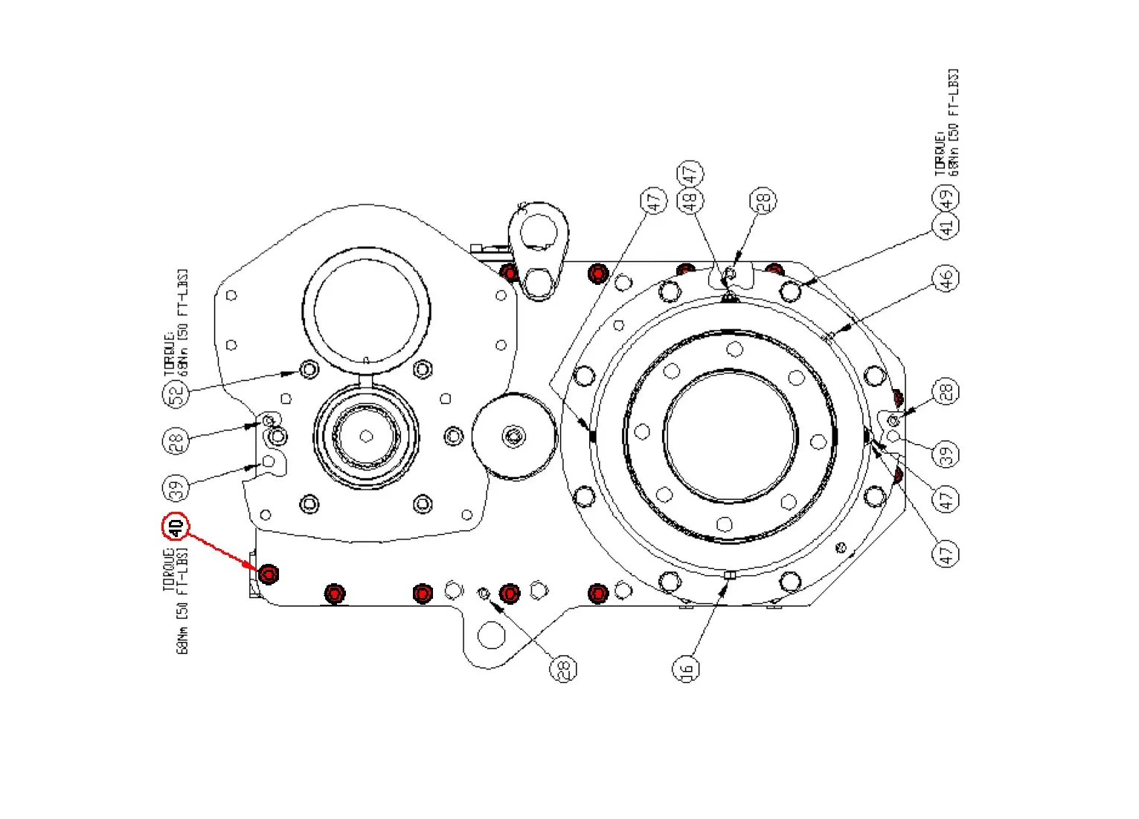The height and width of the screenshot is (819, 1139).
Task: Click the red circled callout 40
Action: pyautogui.click(x=176, y=527)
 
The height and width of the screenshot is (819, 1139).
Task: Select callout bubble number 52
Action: pyautogui.click(x=176, y=394)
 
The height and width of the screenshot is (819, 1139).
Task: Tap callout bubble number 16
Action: pyautogui.click(x=686, y=669)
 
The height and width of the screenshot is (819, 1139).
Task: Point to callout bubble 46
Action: pyautogui.click(x=946, y=279)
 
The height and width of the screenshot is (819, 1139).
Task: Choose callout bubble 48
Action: pyautogui.click(x=690, y=199)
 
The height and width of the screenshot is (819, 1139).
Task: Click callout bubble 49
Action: pyautogui.click(x=946, y=198)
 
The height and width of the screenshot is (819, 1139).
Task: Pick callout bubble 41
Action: pyautogui.click(x=946, y=225)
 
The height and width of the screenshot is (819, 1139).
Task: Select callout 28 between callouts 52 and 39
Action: pyautogui.click(x=176, y=441)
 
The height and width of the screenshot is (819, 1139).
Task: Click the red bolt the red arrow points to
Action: pyautogui.click(x=268, y=574)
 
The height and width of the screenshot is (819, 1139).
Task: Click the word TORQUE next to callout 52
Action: pyautogui.click(x=170, y=358)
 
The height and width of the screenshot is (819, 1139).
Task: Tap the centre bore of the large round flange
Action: pyautogui.click(x=730, y=436)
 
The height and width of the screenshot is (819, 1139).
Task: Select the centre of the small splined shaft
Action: pyautogui.click(x=366, y=436)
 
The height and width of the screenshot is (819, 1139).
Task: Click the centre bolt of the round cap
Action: pyautogui.click(x=513, y=436)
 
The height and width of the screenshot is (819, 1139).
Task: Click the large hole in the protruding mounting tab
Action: pyautogui.click(x=491, y=635)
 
